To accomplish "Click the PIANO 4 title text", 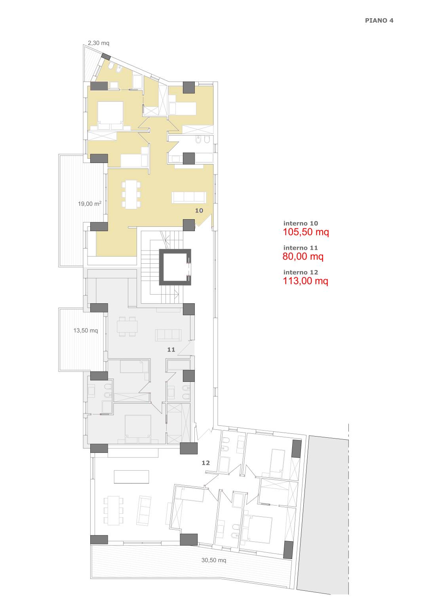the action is click(379, 20).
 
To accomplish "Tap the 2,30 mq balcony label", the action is click(99, 43).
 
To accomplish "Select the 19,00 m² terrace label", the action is click(89, 203).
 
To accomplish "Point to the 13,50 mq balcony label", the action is click(86, 330).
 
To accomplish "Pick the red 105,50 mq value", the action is click(306, 232).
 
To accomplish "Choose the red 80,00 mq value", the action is click(303, 256).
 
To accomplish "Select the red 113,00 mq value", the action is click(305, 281).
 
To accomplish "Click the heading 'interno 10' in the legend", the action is click(301, 223).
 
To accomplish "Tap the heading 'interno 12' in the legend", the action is click(301, 272).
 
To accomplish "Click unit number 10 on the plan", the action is click(199, 211).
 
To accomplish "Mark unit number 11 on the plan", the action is click(171, 349).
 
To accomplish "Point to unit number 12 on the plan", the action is click(206, 463).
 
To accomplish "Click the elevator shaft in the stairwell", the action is click(175, 267).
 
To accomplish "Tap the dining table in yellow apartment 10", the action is click(131, 194).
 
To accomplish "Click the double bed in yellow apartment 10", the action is click(110, 115).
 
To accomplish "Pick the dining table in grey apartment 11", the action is click(127, 326).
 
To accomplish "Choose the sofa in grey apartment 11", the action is click(168, 335).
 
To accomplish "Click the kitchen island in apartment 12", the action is click(131, 477).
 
